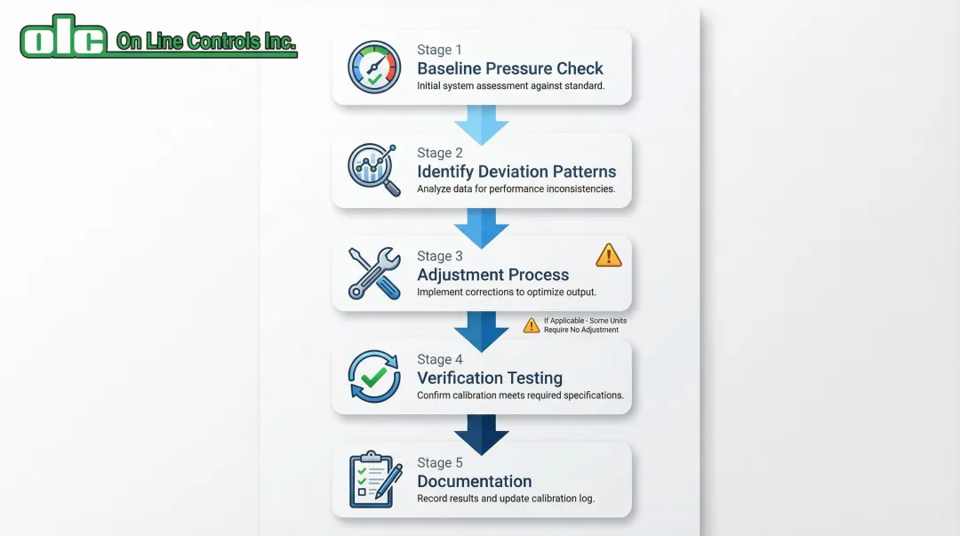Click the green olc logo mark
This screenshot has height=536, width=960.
point(64,38)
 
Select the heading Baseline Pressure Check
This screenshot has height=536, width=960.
point(510,68)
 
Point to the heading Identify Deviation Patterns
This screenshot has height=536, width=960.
point(516,172)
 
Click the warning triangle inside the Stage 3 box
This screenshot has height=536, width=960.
point(609,255)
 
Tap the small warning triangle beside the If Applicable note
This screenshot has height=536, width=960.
point(531,325)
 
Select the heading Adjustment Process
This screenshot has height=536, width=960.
point(492,275)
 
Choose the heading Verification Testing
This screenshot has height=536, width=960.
point(490,378)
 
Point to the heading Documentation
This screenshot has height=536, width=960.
point(475,481)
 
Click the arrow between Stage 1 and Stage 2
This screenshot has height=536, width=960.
point(481,122)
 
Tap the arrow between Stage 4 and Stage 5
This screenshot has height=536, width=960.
point(481,431)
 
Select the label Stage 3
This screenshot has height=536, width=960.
point(439,256)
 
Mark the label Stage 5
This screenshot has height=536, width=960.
point(439,462)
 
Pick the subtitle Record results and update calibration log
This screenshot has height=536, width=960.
point(506,499)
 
